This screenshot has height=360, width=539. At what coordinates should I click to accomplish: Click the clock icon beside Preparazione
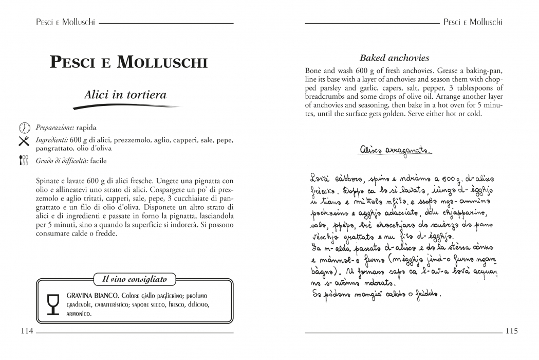tap(24, 127)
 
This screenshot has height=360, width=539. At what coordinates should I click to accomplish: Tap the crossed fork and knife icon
tap(24, 140)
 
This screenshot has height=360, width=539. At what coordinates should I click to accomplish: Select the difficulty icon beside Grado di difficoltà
tap(24, 160)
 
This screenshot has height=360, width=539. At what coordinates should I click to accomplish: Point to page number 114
tap(27, 331)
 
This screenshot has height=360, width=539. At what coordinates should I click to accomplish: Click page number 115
tap(511, 331)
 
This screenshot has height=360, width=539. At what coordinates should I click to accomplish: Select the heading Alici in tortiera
tap(125, 95)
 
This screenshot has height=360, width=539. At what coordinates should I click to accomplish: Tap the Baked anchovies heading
tap(394, 58)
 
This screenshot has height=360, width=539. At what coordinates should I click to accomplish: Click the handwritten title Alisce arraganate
tap(395, 150)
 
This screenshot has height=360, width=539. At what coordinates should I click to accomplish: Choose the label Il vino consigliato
tap(135, 279)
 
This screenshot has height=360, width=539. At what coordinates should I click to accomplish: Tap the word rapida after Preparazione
tap(86, 127)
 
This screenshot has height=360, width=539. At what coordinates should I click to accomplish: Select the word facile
tap(99, 160)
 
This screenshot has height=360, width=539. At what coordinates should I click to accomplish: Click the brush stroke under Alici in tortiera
tap(126, 106)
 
